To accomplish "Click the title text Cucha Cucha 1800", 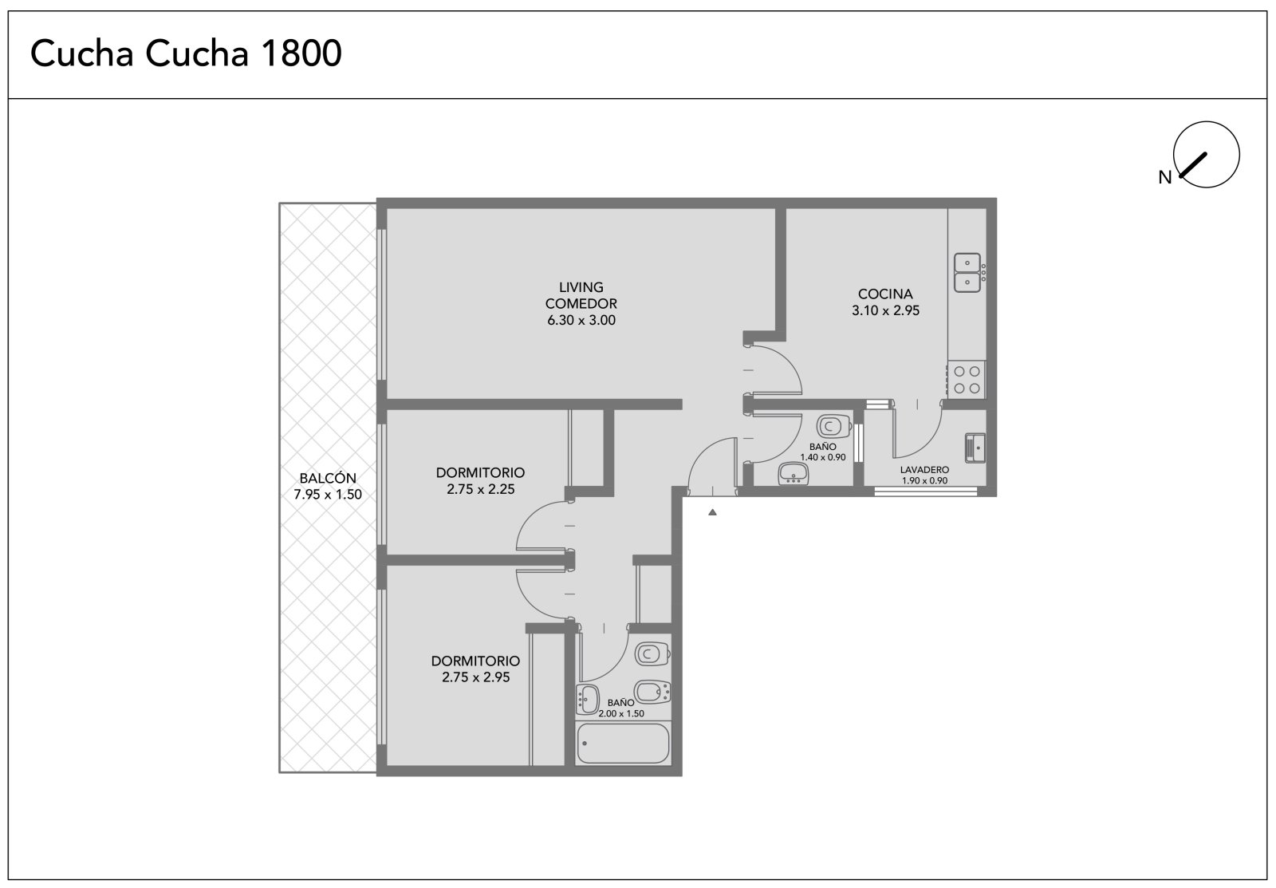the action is (186, 53).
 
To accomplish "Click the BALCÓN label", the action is (328, 478).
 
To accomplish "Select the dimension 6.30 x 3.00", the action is (581, 320).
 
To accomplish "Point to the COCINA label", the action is (885, 294).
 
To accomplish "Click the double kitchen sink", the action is (969, 272).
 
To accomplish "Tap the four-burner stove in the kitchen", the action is (966, 380).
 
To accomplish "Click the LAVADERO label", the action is (924, 470).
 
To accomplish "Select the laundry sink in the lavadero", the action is (975, 448).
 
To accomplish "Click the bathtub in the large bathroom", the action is (623, 744).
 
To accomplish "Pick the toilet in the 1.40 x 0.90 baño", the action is (834, 426).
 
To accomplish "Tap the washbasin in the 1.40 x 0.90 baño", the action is (794, 474).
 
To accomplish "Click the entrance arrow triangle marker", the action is (712, 512).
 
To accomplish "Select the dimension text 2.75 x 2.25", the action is (480, 489).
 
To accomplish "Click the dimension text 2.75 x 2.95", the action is (475, 677).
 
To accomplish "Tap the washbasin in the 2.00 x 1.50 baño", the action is (587, 700).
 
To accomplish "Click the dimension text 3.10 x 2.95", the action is (885, 310).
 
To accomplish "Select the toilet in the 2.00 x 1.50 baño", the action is (652, 653).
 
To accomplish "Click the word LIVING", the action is (581, 287).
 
